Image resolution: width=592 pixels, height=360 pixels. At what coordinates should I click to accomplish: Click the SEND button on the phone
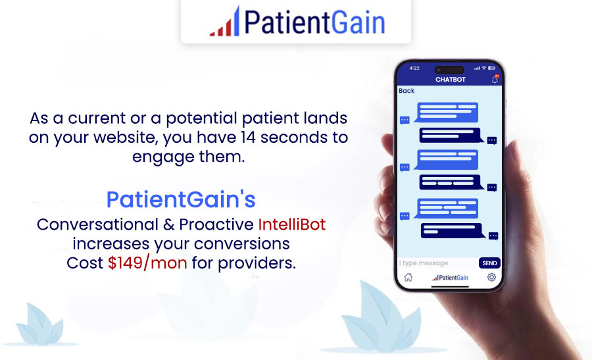click(x=489, y=263)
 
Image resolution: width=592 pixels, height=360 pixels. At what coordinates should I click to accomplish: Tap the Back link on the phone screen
click(x=407, y=91)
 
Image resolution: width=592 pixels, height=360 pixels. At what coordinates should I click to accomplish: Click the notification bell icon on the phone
click(x=495, y=79)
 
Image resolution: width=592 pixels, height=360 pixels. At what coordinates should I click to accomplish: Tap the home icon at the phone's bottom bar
click(x=408, y=277)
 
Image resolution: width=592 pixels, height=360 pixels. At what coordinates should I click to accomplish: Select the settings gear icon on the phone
click(x=491, y=277)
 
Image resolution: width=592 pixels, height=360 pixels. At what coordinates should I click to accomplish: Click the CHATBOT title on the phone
click(x=451, y=80)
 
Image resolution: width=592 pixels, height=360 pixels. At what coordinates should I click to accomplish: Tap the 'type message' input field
click(x=438, y=263)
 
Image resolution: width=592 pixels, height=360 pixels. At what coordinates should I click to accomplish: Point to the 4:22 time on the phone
click(x=414, y=68)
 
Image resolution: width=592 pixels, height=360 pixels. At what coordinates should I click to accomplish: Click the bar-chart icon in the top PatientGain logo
click(x=225, y=22)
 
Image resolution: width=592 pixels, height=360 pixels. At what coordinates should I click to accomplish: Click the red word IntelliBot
click(x=292, y=224)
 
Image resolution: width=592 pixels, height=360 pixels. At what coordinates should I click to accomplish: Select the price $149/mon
click(x=147, y=263)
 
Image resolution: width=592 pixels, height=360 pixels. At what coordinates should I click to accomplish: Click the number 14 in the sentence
click(x=248, y=137)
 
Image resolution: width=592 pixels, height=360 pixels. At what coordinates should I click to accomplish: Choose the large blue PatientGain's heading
click(x=181, y=199)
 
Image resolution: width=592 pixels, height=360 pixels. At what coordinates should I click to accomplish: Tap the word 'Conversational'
click(x=97, y=224)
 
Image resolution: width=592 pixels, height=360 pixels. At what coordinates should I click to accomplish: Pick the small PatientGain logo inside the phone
click(x=450, y=278)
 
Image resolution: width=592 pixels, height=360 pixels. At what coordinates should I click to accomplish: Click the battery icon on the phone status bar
click(x=491, y=68)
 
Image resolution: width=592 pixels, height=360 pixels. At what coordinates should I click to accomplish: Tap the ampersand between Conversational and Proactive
click(x=168, y=225)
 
